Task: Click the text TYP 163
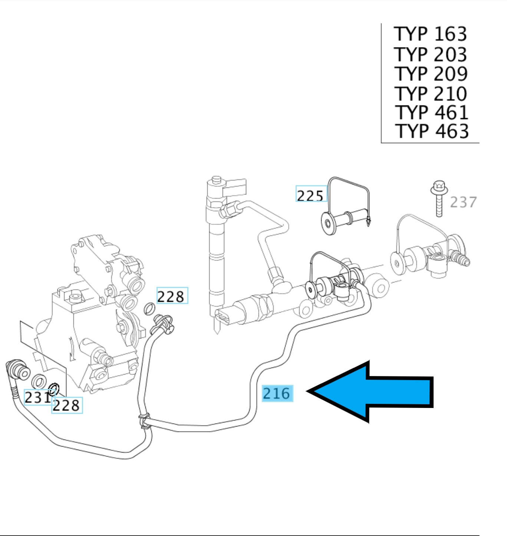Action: click(430, 34)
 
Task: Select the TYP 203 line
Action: click(430, 54)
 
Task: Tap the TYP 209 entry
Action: click(431, 73)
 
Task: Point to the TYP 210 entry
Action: click(431, 94)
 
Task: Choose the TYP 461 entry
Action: click(432, 112)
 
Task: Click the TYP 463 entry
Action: click(432, 131)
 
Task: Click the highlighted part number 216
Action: click(277, 393)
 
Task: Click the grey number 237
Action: click(463, 202)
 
